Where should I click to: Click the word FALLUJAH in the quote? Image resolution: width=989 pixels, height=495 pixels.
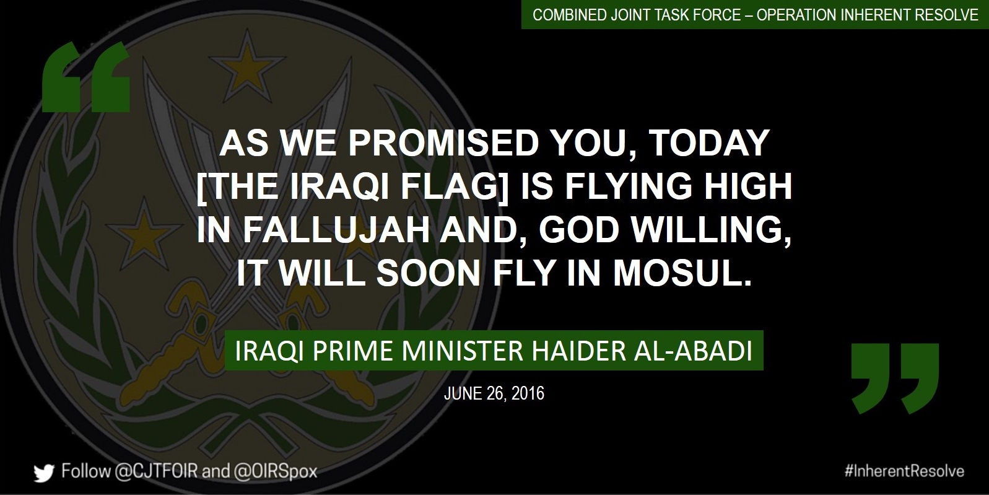[x=336, y=230]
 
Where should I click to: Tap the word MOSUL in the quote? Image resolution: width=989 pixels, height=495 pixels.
[x=682, y=273]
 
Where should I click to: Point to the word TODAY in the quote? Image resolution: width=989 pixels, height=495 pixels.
[x=710, y=144]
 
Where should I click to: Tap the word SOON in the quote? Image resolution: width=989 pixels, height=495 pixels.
[x=429, y=273]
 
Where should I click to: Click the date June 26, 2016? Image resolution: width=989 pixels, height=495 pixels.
[x=494, y=393]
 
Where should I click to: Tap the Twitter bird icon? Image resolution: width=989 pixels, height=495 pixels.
[x=44, y=473]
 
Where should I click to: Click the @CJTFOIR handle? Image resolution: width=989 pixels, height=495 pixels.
[x=156, y=471]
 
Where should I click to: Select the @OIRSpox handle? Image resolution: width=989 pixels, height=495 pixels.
[x=275, y=471]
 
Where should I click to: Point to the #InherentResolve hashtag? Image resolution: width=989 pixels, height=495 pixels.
[x=904, y=471]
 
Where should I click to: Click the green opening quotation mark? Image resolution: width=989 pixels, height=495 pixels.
[x=85, y=77]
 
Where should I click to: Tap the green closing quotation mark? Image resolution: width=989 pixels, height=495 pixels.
[x=895, y=379]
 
